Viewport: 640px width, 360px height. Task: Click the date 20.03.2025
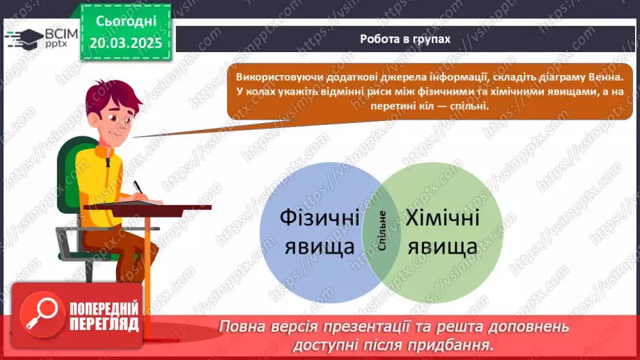click(x=126, y=43)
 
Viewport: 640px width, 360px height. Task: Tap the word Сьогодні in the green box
click(x=126, y=22)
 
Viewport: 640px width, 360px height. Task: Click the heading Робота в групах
click(x=405, y=39)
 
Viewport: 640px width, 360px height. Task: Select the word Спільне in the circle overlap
click(x=382, y=231)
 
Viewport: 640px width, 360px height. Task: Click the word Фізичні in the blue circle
click(x=320, y=218)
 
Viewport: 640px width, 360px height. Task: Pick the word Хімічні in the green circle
click(x=443, y=218)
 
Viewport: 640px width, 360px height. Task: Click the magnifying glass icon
click(x=42, y=315)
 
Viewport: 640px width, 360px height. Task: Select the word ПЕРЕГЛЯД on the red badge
click(x=104, y=325)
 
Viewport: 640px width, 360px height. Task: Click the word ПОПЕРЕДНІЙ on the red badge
click(x=104, y=309)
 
